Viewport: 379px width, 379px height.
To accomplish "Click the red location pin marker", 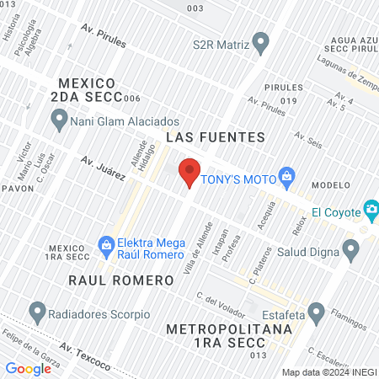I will click(189, 171).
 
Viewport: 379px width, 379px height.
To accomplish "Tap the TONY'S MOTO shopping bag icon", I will click(287, 176).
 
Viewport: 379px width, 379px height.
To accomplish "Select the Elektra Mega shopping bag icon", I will click(106, 246).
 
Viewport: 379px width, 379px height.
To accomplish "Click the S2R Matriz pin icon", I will click(261, 41).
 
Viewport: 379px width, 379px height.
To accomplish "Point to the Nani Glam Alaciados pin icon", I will click(59, 121).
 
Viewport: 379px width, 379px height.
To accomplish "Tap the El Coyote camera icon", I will click(371, 208).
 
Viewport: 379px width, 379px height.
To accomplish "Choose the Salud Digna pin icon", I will click(351, 248).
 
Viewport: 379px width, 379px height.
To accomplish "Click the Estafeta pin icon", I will click(316, 313).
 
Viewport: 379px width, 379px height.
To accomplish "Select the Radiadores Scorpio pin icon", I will click(38, 312).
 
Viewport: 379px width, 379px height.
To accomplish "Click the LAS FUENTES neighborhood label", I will click(216, 136).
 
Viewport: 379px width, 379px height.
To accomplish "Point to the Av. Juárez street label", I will click(103, 168).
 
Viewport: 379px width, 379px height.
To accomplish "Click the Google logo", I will click(28, 368).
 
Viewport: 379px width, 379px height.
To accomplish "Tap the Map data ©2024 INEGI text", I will click(328, 372).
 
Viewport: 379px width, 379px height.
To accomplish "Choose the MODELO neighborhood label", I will click(330, 185).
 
